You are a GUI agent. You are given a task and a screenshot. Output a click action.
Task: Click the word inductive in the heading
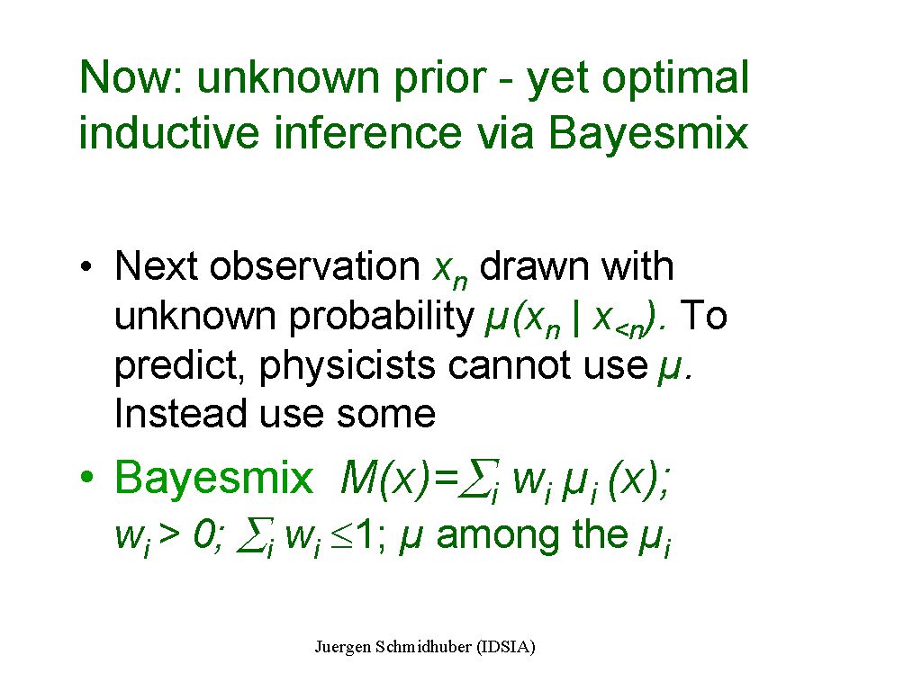click(169, 131)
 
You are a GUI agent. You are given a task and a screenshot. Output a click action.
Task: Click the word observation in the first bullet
click(314, 266)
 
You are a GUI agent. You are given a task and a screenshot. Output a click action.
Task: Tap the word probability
click(382, 318)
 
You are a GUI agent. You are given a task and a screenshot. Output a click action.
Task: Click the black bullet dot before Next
click(86, 267)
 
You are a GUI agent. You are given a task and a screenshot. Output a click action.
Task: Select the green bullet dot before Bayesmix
click(87, 477)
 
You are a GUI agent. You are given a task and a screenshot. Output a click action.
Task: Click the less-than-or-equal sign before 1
click(341, 536)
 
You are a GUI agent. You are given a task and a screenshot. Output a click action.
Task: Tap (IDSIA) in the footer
click(506, 647)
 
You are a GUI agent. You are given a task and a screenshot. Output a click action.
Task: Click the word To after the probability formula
click(703, 316)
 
